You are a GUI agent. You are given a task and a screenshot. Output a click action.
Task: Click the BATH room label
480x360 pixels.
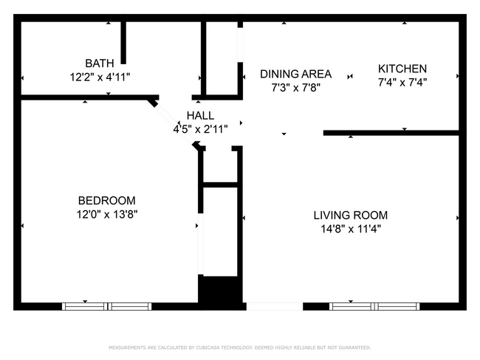point(100,63)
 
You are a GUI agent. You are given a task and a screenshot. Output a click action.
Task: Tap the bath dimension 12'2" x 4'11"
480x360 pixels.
point(100,76)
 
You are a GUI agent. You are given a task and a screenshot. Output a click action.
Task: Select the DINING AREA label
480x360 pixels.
point(295,74)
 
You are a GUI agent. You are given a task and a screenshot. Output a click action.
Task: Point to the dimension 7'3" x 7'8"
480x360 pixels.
point(295,87)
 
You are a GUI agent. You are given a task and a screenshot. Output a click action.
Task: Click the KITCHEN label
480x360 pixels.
point(402,69)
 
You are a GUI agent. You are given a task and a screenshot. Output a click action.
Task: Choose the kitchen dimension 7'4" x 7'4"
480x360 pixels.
point(402,82)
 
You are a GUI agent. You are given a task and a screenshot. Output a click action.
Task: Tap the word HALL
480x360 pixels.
point(200,116)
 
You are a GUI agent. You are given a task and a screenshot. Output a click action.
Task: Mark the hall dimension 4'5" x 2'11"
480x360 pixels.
point(200,128)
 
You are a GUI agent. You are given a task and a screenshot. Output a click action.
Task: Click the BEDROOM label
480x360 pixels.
point(107,201)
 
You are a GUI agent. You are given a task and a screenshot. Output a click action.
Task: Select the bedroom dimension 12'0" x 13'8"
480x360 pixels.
point(107,214)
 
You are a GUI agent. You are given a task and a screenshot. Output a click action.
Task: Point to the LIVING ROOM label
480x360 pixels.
point(350,215)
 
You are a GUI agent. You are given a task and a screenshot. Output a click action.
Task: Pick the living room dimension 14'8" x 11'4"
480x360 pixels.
point(350,229)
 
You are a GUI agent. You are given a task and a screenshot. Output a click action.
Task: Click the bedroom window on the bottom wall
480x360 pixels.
point(107,306)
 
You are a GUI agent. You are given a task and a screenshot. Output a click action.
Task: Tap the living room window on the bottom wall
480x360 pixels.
point(374,306)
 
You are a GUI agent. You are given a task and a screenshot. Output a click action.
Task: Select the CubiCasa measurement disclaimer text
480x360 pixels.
point(240,347)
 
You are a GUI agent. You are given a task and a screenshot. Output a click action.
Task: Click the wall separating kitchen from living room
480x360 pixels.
point(391,134)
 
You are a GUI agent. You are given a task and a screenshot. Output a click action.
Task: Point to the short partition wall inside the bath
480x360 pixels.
point(124,43)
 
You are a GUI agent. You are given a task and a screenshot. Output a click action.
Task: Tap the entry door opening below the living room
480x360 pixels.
point(274,306)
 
